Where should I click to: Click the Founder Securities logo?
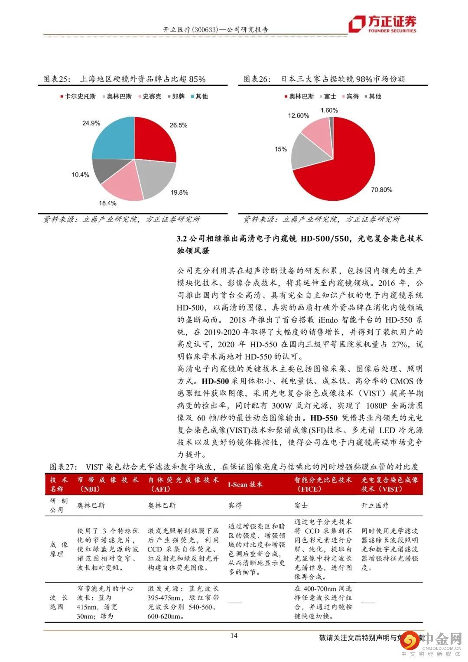(383, 24)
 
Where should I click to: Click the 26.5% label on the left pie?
(179, 125)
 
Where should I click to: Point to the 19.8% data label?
(179, 192)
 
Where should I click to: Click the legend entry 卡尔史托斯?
(78, 96)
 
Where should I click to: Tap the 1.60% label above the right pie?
(329, 111)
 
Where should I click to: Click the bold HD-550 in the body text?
(324, 418)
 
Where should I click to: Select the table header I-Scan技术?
(245, 484)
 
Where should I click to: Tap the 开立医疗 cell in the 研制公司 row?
(375, 505)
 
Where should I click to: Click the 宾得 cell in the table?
(235, 505)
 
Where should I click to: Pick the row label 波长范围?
(57, 602)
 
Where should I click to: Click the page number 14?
(234, 636)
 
